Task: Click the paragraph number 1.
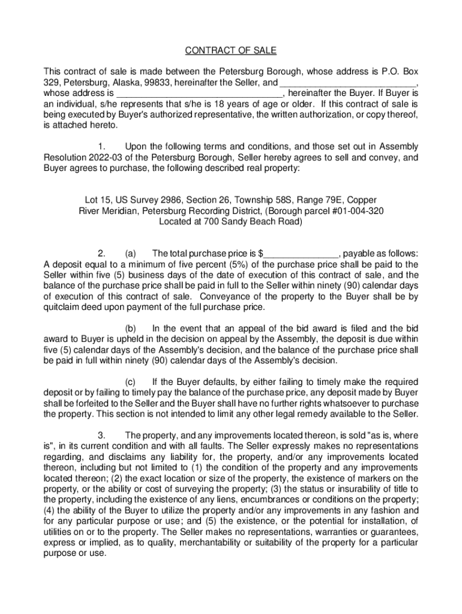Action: pos(101,147)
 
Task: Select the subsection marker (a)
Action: pos(131,252)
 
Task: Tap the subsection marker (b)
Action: pos(131,328)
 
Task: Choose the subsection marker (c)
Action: pos(131,382)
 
